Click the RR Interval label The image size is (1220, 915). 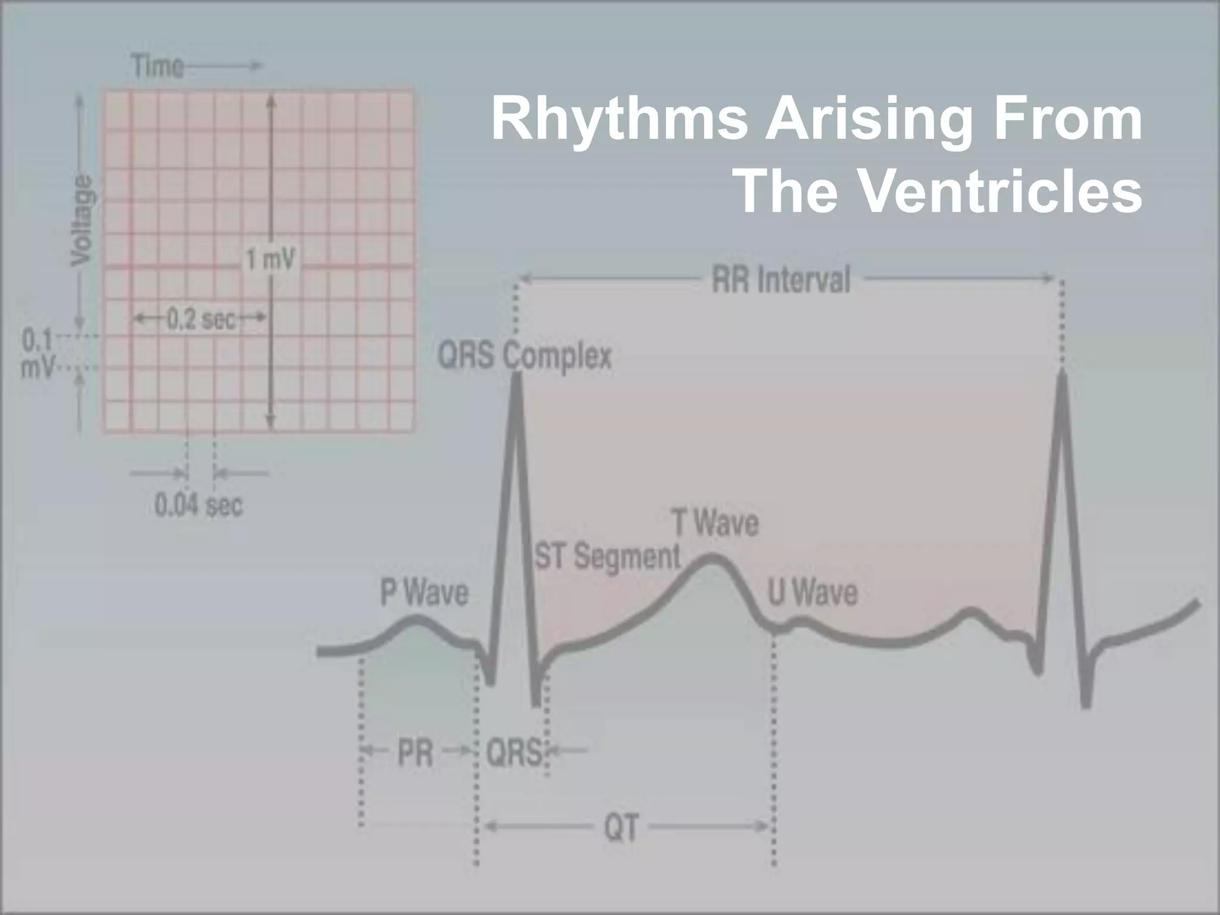coord(781,280)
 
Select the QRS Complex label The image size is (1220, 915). coord(525,356)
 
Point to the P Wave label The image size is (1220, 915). coord(424,593)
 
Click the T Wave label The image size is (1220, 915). coord(715,523)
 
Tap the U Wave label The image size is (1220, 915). coord(813,593)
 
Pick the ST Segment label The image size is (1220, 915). coord(608,557)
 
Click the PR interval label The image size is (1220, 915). coord(415,753)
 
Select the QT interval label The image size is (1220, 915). coord(621,827)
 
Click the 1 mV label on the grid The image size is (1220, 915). coord(270,260)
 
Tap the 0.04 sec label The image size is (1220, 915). coord(199,506)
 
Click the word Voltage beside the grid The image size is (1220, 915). coord(82,220)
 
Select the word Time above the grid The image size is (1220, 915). coord(157,66)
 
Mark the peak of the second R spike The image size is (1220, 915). coord(1063,374)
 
